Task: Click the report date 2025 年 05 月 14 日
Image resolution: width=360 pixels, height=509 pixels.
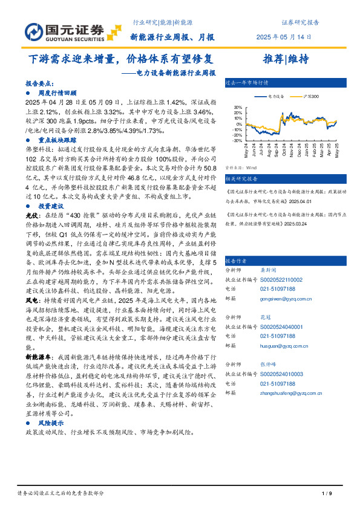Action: click(283, 37)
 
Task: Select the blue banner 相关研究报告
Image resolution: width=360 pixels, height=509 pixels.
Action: click(241, 178)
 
